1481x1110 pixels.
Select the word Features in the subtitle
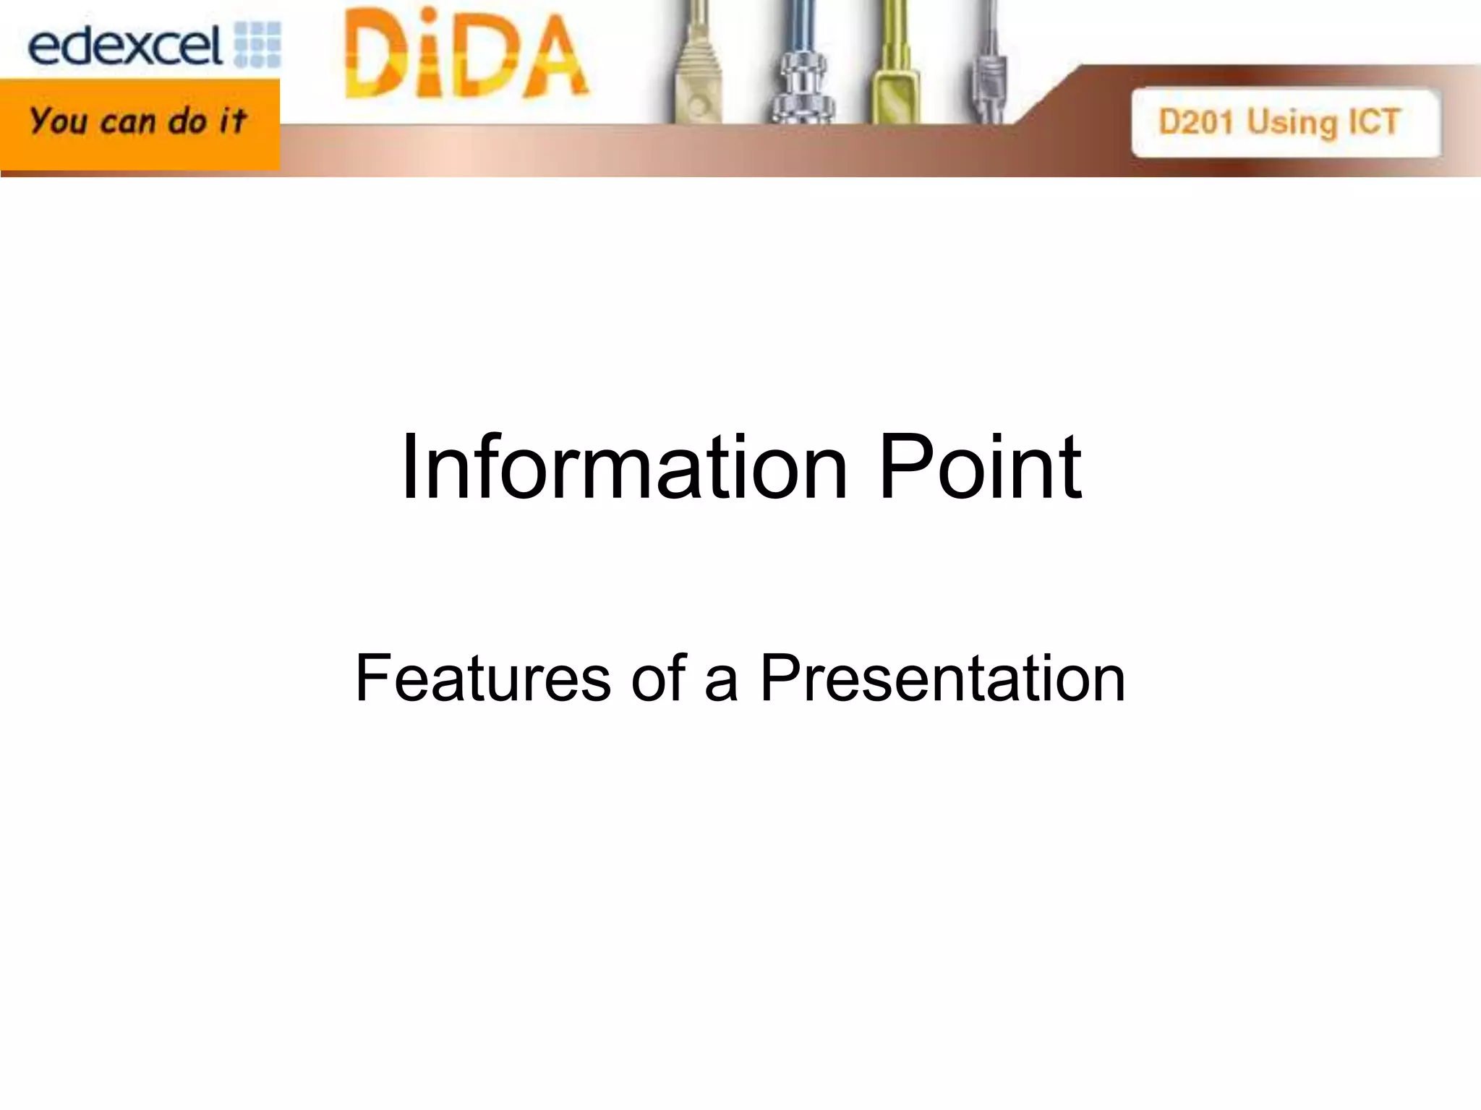[483, 678]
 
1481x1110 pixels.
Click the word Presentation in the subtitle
[942, 678]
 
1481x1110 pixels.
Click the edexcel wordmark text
[124, 47]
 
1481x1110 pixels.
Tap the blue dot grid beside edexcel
[258, 45]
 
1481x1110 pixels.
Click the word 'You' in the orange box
[59, 121]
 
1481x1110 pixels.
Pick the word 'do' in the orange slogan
[187, 121]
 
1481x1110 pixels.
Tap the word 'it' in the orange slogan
[233, 121]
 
